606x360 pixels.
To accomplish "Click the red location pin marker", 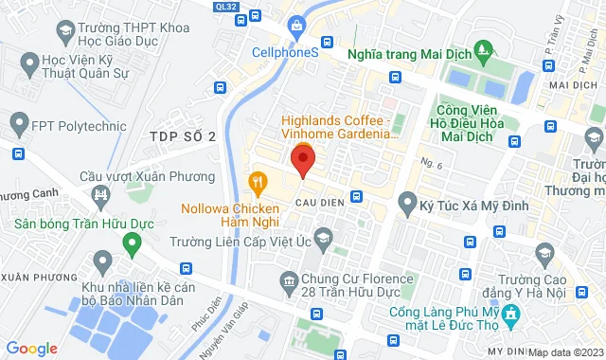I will click(x=302, y=159).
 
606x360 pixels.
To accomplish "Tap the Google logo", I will click(x=32, y=349).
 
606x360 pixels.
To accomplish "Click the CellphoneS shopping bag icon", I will click(x=296, y=24).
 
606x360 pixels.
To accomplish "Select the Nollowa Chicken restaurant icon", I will click(x=256, y=180).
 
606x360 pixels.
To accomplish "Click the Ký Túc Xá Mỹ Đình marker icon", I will click(x=407, y=201).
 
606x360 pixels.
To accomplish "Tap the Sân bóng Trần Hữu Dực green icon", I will click(x=131, y=243).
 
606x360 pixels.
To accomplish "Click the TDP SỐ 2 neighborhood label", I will click(x=183, y=136).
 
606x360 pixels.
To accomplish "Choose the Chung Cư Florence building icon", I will click(x=289, y=279).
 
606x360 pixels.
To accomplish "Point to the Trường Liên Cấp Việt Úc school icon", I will click(x=323, y=236).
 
